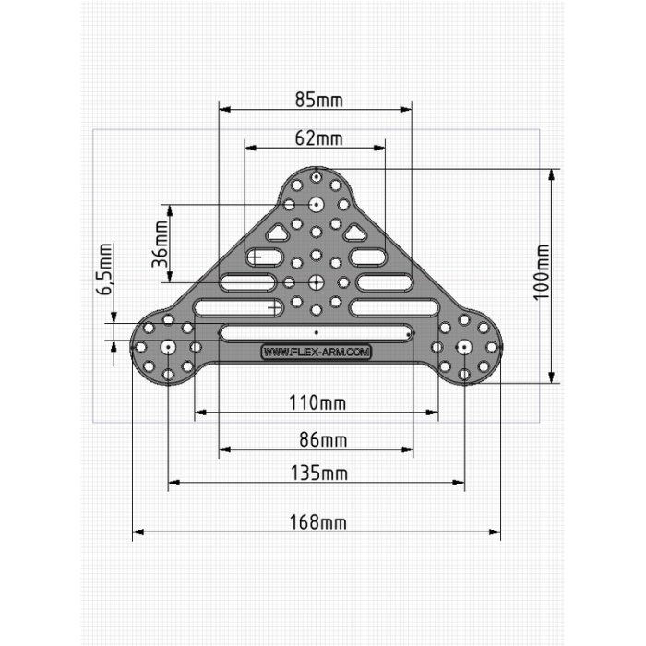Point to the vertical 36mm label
161,242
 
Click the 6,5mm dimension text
105,269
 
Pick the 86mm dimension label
316,441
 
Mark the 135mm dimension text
316,473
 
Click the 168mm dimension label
316,522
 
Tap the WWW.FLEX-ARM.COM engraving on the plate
317,352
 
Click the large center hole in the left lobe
169,346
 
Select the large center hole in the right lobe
464,346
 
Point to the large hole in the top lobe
316,203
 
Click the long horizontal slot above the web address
316,330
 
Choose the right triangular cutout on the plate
354,232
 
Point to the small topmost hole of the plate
316,175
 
